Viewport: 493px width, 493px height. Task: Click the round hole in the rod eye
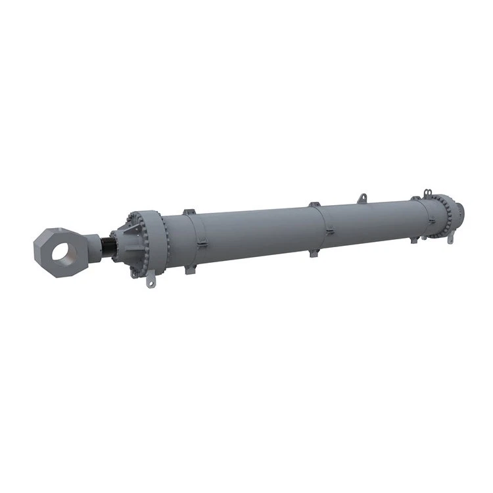click(x=66, y=249)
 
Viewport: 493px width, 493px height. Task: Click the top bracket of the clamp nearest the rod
click(x=189, y=212)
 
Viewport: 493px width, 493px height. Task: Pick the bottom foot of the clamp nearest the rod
click(x=190, y=270)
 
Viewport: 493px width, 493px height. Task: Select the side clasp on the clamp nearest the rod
click(x=203, y=245)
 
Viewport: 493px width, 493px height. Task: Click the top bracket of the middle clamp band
click(x=314, y=205)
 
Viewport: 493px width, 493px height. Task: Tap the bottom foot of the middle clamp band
click(x=314, y=252)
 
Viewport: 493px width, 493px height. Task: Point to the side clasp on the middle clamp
click(x=328, y=230)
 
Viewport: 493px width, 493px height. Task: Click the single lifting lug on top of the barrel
click(x=362, y=197)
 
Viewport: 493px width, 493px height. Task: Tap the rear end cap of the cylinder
click(x=459, y=212)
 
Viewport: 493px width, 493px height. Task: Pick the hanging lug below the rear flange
click(x=450, y=238)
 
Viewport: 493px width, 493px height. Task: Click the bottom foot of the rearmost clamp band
click(x=415, y=239)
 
